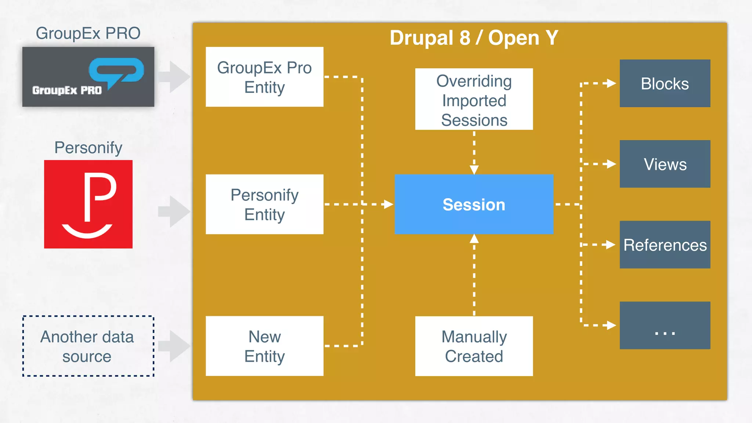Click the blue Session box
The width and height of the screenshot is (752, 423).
pos(474,204)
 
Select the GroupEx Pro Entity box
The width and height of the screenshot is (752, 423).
pos(264,77)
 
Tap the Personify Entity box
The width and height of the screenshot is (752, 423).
pos(264,204)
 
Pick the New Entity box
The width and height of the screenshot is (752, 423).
pos(264,346)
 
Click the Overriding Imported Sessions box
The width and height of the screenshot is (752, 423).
pos(474,99)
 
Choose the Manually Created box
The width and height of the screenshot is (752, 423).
pos(474,346)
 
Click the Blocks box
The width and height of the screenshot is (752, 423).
pos(665,83)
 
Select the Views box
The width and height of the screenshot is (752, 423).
pos(665,164)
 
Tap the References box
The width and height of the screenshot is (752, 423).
pos(665,245)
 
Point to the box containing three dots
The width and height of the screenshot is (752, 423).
pos(665,325)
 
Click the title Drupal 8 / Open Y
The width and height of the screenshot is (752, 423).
pos(474,38)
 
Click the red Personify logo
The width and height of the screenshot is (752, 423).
pos(88,204)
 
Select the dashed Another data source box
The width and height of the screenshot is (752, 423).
pos(88,346)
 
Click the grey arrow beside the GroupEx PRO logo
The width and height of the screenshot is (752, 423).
pos(175,77)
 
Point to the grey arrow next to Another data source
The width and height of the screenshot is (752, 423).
pos(175,346)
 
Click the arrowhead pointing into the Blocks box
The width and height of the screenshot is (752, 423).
pos(611,83)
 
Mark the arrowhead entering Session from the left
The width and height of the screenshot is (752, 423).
pos(388,204)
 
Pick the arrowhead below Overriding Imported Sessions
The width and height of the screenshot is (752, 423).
pos(474,170)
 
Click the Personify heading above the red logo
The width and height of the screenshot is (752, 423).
pos(88,148)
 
